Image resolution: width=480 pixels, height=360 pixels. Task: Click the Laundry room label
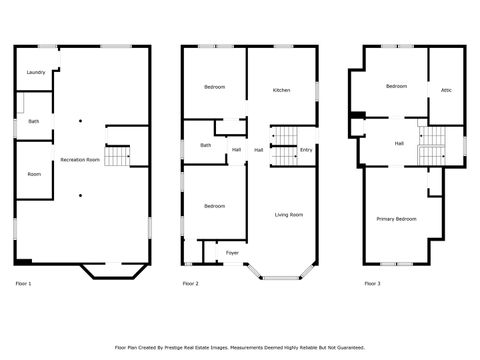35,72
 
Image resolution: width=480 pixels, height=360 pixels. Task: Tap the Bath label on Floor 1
34,121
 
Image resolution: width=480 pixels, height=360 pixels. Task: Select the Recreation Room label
80,160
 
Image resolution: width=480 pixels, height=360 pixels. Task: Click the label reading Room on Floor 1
34,174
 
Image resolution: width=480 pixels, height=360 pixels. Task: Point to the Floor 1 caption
23,284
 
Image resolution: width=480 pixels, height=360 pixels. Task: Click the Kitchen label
281,91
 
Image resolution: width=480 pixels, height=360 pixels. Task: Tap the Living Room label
290,214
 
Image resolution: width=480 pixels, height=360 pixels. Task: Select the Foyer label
232,252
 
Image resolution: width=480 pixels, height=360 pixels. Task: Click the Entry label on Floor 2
306,150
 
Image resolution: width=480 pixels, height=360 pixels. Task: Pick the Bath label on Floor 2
205,145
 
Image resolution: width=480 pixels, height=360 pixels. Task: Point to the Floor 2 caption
190,284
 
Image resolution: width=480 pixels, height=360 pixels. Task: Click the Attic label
446,91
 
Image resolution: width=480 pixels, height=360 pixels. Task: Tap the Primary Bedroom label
396,218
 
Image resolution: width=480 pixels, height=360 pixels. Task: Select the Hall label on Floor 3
399,144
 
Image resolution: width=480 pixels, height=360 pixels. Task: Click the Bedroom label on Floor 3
396,87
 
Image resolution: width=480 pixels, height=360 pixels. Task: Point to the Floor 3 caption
372,284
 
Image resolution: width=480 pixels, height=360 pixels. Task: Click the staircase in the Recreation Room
118,155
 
